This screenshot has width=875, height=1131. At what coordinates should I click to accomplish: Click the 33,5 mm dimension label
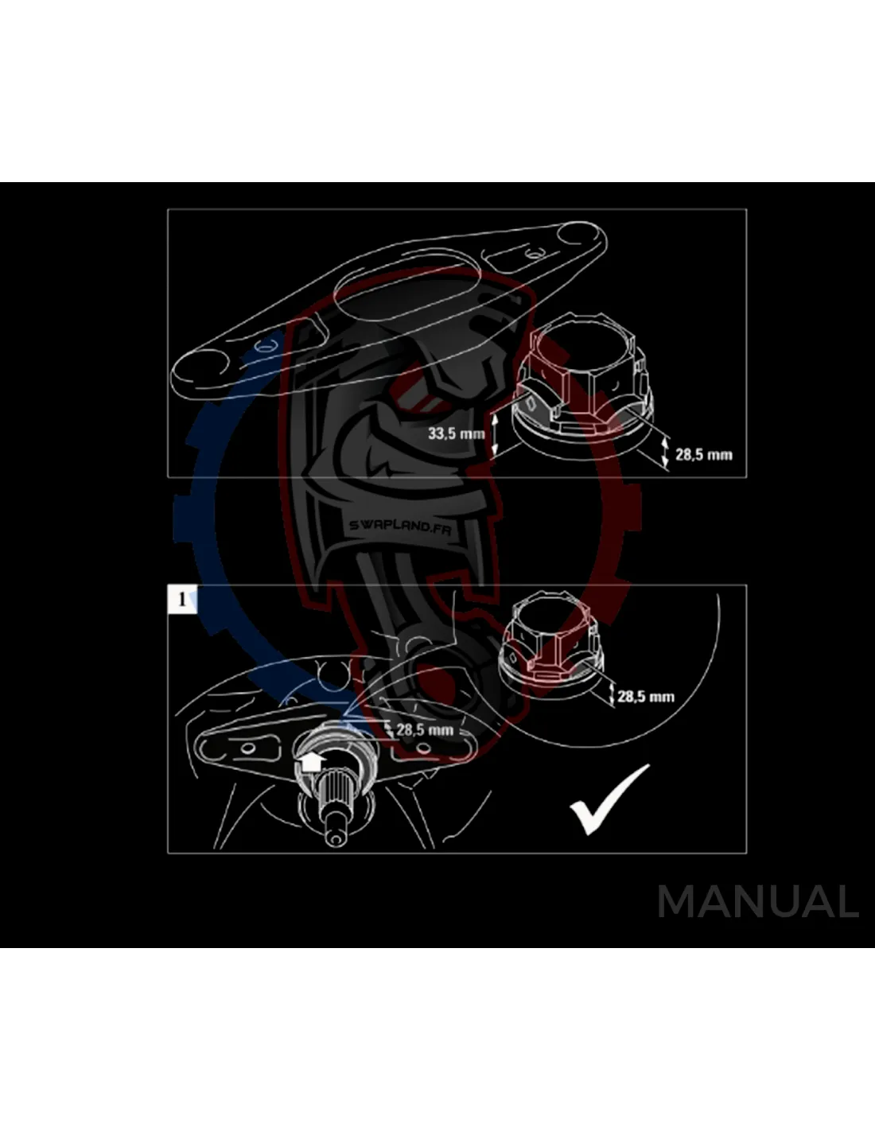pos(456,433)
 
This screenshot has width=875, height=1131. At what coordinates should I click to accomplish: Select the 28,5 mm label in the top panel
pos(704,454)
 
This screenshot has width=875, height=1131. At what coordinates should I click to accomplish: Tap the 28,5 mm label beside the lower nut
pos(646,697)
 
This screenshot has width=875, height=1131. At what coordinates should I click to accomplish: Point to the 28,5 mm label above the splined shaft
pos(425,729)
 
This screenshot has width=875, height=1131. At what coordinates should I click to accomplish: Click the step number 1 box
pos(182,600)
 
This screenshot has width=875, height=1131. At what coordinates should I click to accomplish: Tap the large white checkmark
pos(610,799)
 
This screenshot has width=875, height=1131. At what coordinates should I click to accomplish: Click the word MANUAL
pos(758,902)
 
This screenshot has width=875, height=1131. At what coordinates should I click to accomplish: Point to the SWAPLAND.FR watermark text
pos(400,527)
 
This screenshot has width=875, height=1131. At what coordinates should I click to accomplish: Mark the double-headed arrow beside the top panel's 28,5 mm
pos(665,452)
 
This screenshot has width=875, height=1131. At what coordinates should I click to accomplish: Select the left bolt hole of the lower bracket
pos(247,748)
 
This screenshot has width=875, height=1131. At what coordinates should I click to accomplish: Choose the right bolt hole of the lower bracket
pos(424,748)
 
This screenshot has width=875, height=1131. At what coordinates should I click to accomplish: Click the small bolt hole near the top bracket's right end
pos(531,255)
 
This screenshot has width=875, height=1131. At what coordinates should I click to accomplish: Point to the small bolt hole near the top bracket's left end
pos(266,346)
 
